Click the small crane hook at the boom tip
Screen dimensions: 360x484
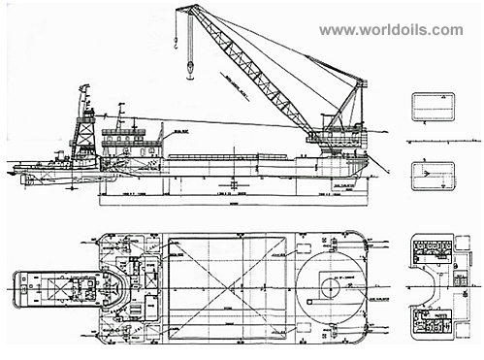(x=174, y=41)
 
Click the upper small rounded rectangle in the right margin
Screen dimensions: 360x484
(x=432, y=105)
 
